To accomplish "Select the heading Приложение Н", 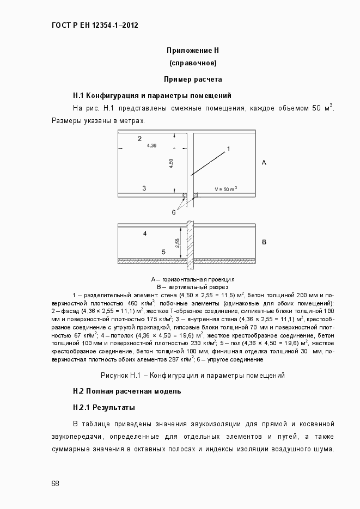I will [x=192, y=51].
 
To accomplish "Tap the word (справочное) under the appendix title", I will [x=192, y=64].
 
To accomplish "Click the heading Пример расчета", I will [x=192, y=79].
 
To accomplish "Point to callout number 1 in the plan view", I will [x=229, y=148].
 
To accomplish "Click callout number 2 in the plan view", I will [x=139, y=138].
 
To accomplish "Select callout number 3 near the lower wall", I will [x=144, y=188].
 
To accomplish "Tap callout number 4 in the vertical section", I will [x=145, y=233].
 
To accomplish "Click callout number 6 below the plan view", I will [x=174, y=212].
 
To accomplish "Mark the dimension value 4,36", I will [x=151, y=145].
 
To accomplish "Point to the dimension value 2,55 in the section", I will [x=178, y=243].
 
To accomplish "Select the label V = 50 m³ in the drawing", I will [x=225, y=189].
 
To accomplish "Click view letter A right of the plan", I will [x=264, y=162].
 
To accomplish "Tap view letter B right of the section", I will [x=264, y=241].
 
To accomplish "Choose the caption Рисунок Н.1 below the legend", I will [x=192, y=375].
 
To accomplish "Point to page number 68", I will [x=56, y=483].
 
